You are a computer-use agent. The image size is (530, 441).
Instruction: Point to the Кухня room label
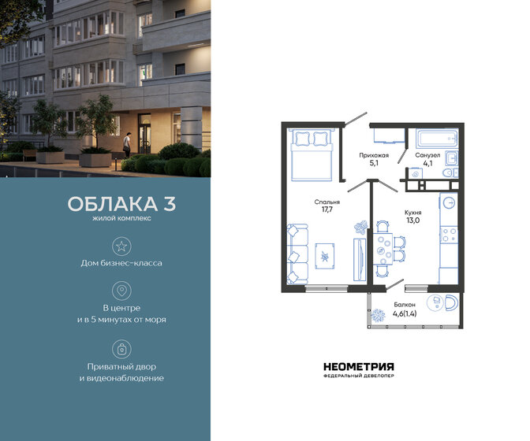click(412, 213)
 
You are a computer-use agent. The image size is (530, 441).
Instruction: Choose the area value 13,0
click(412, 222)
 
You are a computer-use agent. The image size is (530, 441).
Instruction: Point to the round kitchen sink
click(449, 202)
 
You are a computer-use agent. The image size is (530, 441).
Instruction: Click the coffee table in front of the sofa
click(326, 254)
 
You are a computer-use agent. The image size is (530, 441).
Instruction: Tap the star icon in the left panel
click(121, 247)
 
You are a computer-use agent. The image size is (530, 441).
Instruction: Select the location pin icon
click(121, 291)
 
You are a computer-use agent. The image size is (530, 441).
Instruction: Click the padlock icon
click(121, 348)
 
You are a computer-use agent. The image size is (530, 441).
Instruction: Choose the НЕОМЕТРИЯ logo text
click(358, 366)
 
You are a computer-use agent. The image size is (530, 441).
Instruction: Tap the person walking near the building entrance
click(126, 143)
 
